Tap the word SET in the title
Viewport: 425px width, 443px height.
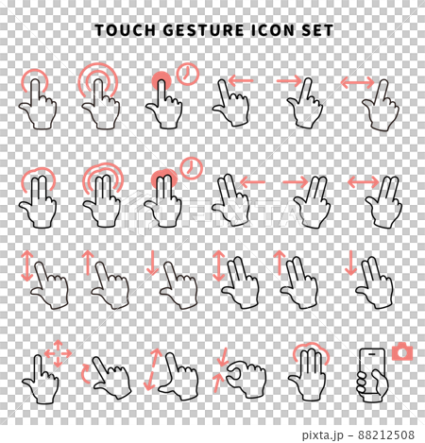pos(317,30)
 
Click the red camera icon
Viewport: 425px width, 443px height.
pos(402,351)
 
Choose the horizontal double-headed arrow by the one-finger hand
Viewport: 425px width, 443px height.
pos(356,82)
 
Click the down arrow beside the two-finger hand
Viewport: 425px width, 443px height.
pos(349,263)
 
